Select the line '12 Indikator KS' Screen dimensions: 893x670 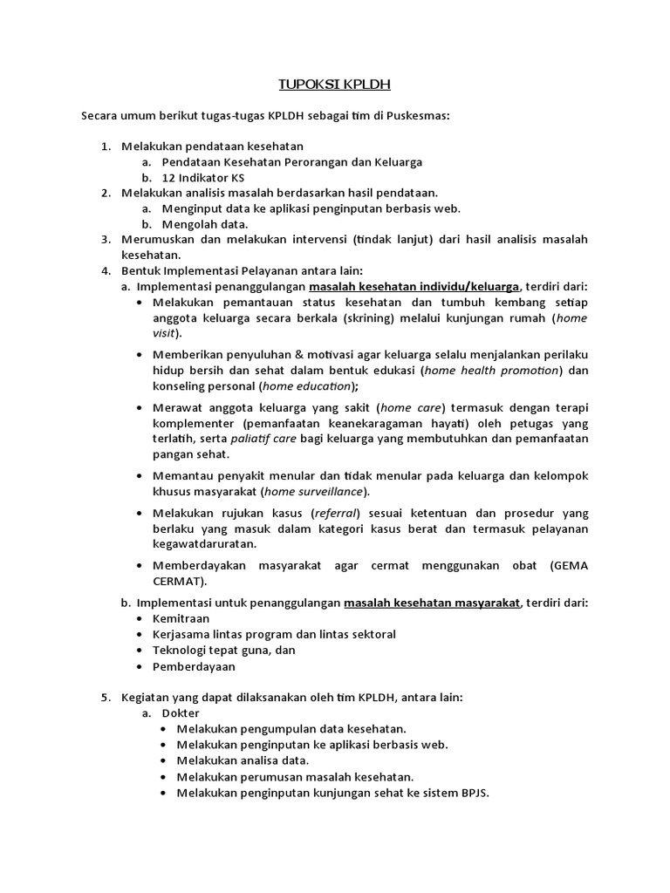[x=197, y=177]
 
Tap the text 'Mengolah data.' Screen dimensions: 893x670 [x=198, y=223]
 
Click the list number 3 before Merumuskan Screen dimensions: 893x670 [x=105, y=239]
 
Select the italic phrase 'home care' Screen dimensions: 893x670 [x=412, y=407]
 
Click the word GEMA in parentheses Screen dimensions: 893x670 [x=569, y=565]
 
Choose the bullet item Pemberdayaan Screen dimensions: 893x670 [x=194, y=666]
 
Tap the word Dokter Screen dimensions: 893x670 [x=181, y=712]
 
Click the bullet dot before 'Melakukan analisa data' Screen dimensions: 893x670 [x=166, y=760]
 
